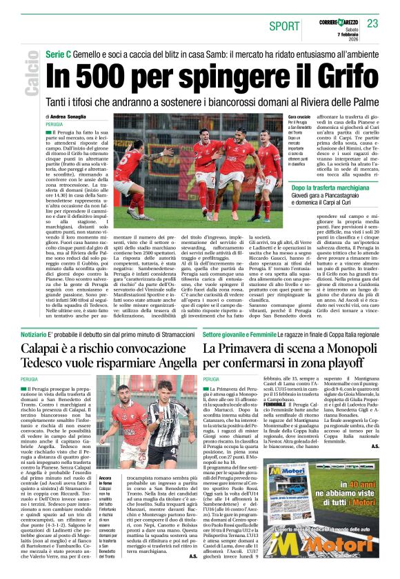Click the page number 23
(x=373, y=24)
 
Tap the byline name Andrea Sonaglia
(x=73, y=117)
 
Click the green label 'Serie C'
(x=59, y=54)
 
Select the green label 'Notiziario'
(x=34, y=334)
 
